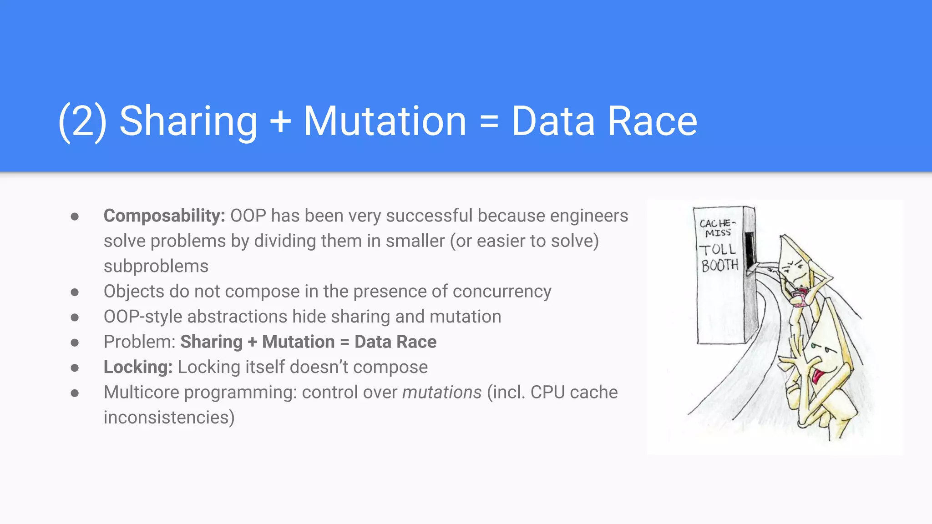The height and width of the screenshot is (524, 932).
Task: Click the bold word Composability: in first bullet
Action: point(164,216)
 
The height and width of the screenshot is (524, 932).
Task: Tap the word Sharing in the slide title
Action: point(188,121)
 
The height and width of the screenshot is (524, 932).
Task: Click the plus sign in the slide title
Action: point(280,121)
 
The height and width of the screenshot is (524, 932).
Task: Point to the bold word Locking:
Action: point(138,367)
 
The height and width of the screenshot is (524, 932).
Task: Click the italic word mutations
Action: point(441,392)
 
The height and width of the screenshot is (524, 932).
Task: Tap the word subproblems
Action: point(156,266)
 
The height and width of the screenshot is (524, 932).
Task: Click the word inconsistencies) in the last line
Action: point(169,418)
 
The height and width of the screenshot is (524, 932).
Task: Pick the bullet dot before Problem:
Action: point(75,343)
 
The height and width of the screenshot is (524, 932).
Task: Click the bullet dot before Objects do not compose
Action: point(75,292)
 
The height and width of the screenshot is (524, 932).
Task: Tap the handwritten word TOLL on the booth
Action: point(718,249)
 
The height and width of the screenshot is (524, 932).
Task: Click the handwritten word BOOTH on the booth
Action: point(719,265)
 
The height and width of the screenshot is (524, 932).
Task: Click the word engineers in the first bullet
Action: point(589,216)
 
